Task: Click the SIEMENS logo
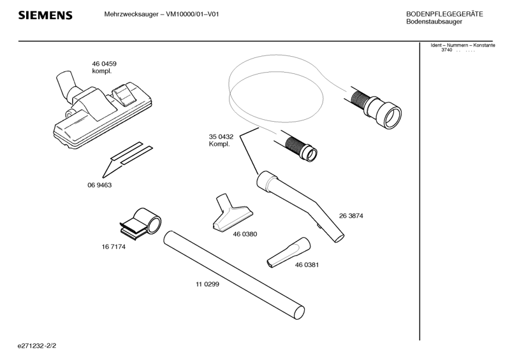[45, 15]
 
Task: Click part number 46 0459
[104, 64]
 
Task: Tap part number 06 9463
[99, 185]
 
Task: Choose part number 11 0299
[207, 284]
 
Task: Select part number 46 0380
[245, 234]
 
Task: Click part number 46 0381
[307, 264]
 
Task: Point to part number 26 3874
[351, 216]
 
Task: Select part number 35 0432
[221, 136]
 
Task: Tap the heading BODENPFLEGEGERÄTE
[444, 14]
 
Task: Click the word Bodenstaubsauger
[433, 22]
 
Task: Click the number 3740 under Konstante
[446, 50]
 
